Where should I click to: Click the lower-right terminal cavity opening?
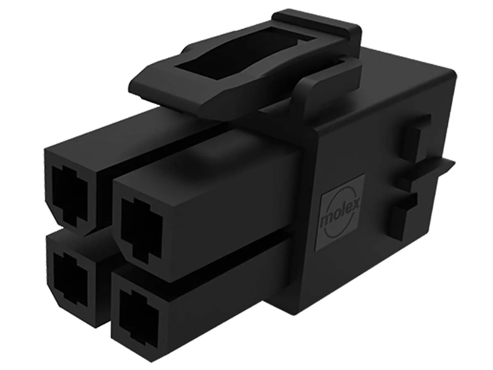pyautogui.click(x=138, y=318)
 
